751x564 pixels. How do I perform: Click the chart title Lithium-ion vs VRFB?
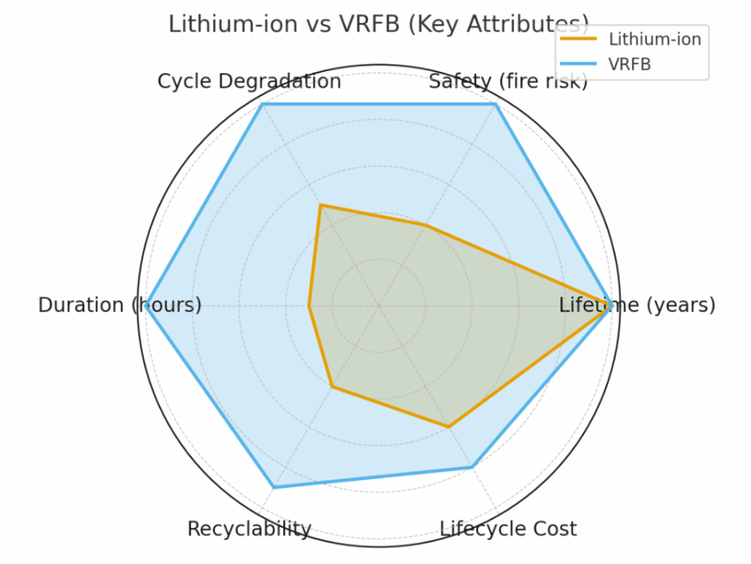click(378, 24)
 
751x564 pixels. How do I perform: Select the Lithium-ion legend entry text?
click(655, 40)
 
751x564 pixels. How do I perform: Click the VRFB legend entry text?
click(630, 64)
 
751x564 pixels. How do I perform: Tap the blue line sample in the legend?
click(579, 64)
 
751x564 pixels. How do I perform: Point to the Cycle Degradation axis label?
click(249, 81)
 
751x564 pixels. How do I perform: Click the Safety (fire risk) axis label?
click(508, 81)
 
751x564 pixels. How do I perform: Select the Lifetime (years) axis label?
click(637, 305)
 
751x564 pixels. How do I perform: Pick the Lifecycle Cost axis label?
click(508, 529)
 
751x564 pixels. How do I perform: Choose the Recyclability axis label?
click(249, 529)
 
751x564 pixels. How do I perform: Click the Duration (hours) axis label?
click(120, 305)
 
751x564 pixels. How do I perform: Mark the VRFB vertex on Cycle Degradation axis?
click(263, 105)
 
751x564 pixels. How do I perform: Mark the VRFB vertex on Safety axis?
click(496, 105)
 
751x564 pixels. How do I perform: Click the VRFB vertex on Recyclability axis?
click(274, 487)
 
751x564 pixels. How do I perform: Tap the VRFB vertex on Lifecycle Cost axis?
click(472, 466)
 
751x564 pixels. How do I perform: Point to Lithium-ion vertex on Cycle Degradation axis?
click(320, 205)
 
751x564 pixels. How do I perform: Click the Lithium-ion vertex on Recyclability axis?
click(332, 387)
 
